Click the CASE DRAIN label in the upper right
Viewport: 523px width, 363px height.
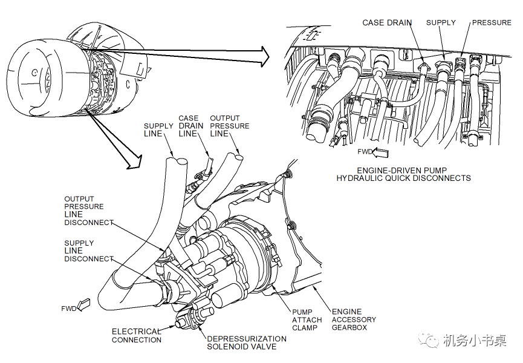pos(387,23)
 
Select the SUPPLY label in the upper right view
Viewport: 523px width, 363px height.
pos(441,23)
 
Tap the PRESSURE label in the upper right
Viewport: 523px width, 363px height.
pos(491,23)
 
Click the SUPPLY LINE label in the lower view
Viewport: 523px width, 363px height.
pos(158,130)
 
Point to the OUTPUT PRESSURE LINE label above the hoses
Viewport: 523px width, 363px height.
pos(229,126)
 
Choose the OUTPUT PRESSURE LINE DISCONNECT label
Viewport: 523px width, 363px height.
pos(88,211)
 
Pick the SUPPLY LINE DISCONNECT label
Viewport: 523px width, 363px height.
pos(88,251)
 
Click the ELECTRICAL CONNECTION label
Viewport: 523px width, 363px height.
pos(137,336)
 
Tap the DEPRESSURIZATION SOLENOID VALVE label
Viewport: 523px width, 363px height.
pos(247,342)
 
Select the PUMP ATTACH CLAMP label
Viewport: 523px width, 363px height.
pos(307,320)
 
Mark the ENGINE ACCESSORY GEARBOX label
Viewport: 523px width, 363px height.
pos(353,319)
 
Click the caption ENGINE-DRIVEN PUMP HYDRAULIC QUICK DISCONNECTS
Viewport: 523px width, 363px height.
pos(404,174)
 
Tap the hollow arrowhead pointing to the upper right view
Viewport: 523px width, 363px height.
pos(261,56)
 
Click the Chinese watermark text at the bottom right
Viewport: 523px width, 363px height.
pos(475,341)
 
